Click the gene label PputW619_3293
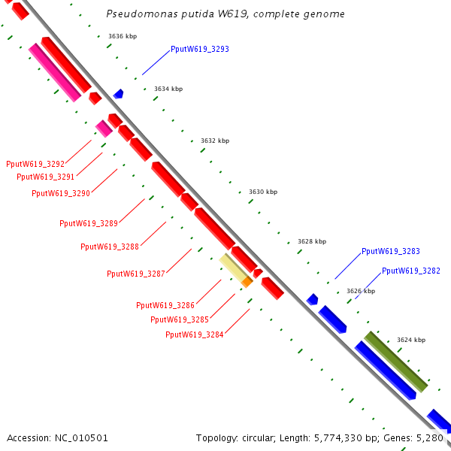pos(199,49)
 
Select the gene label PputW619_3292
pos(35,164)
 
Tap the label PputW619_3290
pos(61,193)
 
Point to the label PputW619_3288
pos(110,247)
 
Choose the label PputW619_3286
pos(165,305)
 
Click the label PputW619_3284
pos(195,334)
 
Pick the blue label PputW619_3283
pos(390,252)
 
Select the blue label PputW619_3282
pos(410,271)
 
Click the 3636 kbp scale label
pos(123,36)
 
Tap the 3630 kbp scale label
pos(263,192)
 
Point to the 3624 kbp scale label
pos(411,341)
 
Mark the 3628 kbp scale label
pos(312,241)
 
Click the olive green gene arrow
pos(395,361)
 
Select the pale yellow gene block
pos(234,268)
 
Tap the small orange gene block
pos(247,282)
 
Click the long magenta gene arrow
pos(54,72)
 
